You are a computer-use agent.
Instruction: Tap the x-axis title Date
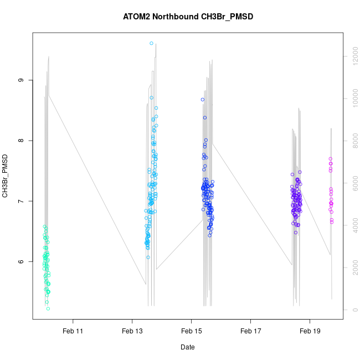point(188,347)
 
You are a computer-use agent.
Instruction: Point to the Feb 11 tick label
point(73,331)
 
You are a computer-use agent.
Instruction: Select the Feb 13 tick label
point(132,331)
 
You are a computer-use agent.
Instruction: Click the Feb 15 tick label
point(191,331)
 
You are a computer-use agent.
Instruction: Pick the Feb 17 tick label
point(250,331)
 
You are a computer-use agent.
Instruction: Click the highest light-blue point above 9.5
point(151,43)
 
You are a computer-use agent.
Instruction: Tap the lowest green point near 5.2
point(48,308)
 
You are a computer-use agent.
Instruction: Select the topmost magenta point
point(331,159)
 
